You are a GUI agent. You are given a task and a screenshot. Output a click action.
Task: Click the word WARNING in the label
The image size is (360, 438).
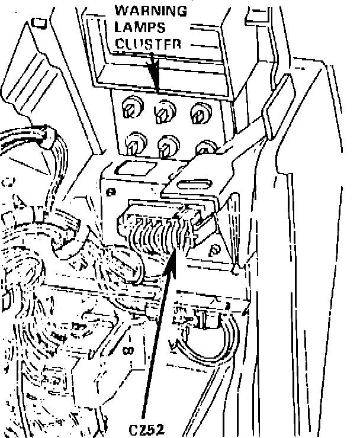coord(150,11)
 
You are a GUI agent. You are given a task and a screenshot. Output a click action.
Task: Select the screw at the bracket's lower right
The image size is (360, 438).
coord(216,249)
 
